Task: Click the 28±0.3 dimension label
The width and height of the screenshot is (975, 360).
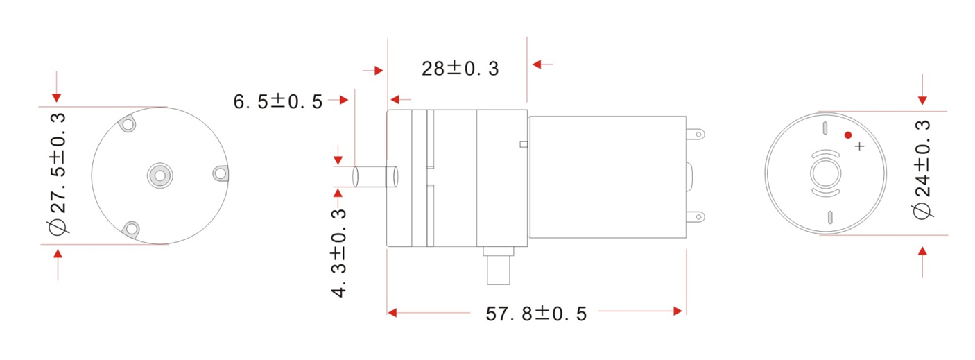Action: pyautogui.click(x=460, y=69)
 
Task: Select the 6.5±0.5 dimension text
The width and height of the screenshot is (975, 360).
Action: pyautogui.click(x=277, y=102)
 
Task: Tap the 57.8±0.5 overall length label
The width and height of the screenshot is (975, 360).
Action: pyautogui.click(x=536, y=314)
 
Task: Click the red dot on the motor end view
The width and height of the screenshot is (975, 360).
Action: pyautogui.click(x=847, y=135)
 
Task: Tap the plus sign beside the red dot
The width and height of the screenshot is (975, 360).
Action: pyautogui.click(x=860, y=146)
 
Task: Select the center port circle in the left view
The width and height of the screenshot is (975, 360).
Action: pyautogui.click(x=159, y=175)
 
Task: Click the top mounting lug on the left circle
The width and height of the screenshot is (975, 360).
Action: pyautogui.click(x=128, y=125)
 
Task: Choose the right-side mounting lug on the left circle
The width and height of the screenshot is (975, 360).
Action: pyautogui.click(x=220, y=173)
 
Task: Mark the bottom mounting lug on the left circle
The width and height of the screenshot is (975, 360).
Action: pyautogui.click(x=130, y=227)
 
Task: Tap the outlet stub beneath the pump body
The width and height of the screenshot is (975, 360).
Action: pyautogui.click(x=499, y=268)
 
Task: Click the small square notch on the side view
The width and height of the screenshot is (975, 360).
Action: pyautogui.click(x=524, y=144)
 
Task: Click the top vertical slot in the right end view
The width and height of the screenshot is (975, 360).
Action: pyautogui.click(x=825, y=128)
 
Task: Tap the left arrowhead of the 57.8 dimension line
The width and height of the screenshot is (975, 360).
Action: pyautogui.click(x=392, y=313)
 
